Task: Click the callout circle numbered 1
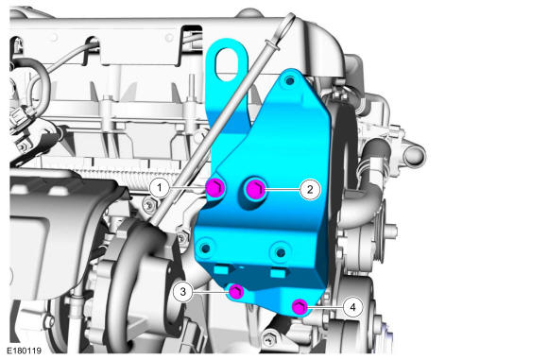click(160, 188)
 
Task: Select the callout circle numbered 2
click(310, 189)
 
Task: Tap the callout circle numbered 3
click(182, 291)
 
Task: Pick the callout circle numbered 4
click(352, 307)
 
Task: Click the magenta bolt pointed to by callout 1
click(214, 188)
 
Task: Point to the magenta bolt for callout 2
click(255, 189)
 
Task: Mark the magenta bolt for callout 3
click(236, 292)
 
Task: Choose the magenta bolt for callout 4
click(300, 307)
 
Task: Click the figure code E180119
click(25, 351)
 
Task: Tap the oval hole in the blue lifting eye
click(227, 64)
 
